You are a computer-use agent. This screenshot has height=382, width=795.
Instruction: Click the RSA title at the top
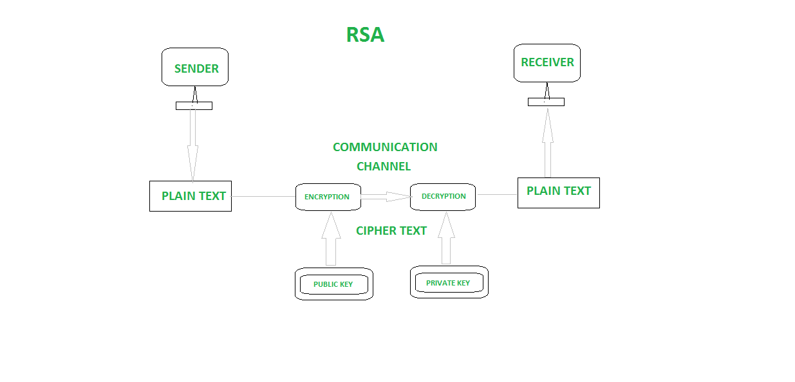click(365, 35)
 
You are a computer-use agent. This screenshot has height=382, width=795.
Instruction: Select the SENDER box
click(194, 67)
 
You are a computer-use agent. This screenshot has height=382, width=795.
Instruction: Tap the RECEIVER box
click(547, 62)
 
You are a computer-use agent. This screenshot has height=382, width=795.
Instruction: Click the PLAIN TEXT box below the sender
click(191, 196)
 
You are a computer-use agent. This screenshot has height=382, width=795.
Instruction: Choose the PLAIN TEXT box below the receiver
click(558, 192)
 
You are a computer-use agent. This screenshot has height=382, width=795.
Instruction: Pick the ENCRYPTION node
click(327, 197)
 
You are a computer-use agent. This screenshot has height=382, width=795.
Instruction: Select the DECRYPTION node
click(443, 196)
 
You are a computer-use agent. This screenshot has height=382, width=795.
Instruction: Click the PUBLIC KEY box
click(333, 284)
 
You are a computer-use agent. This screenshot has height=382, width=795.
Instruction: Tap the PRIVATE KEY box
click(449, 283)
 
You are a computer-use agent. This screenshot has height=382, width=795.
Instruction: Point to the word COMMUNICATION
click(385, 147)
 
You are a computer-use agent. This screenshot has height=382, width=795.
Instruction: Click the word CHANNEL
click(384, 167)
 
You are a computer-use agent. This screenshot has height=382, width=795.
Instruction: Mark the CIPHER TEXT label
click(391, 231)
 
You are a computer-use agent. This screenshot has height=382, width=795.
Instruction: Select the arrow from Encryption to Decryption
click(385, 197)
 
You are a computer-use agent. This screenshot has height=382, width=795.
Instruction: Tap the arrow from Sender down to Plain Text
click(192, 145)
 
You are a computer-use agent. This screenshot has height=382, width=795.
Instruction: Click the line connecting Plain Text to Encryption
click(263, 196)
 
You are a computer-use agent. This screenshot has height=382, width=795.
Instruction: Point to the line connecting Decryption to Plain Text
click(496, 194)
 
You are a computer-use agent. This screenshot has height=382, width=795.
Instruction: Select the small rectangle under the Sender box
click(194, 106)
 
